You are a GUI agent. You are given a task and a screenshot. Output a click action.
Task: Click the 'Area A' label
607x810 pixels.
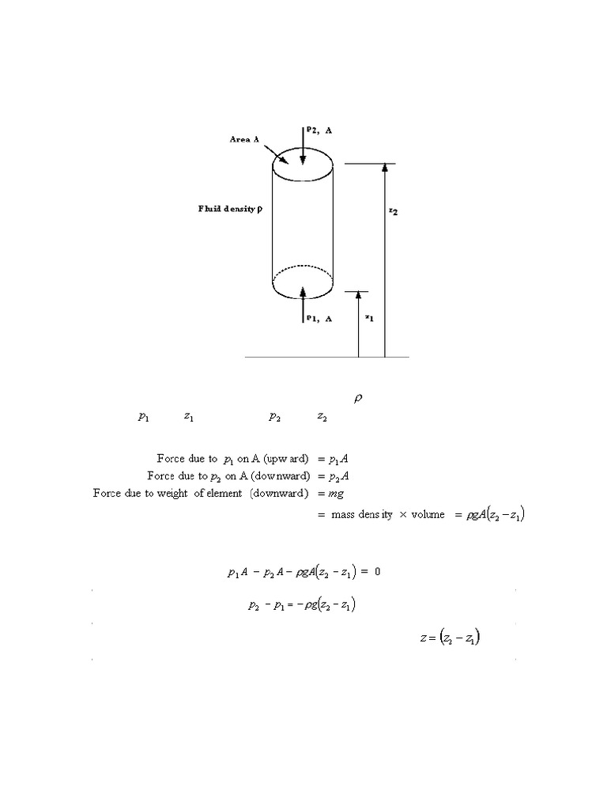(x=244, y=138)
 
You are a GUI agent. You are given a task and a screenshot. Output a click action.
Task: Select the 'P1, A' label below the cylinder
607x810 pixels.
(x=319, y=319)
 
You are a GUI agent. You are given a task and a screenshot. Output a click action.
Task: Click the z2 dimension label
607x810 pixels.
(x=393, y=211)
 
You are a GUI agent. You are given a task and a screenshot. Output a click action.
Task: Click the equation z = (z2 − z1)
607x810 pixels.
(x=451, y=638)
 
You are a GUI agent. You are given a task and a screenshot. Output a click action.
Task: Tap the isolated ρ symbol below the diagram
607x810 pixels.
(x=356, y=399)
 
